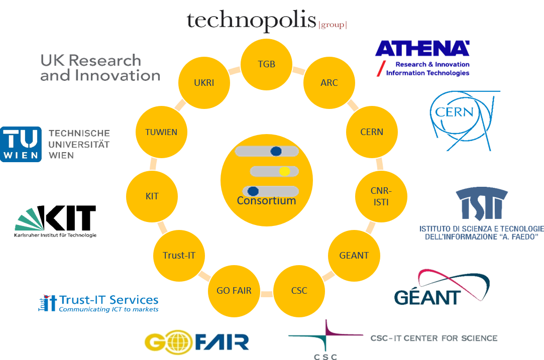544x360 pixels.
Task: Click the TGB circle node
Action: coord(266,64)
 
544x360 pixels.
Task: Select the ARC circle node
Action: coord(329,83)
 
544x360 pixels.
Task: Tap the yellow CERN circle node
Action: coord(372,132)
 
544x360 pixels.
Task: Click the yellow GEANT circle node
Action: coord(354,255)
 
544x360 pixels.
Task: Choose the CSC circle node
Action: coord(299,290)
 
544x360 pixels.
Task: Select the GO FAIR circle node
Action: coord(234,290)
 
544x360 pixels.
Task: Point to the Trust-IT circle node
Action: coord(179,255)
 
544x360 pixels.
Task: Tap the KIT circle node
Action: coord(152,196)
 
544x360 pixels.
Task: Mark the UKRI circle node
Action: coord(203,83)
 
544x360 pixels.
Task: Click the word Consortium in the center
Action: coord(266,201)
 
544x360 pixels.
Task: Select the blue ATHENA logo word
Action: coord(421,49)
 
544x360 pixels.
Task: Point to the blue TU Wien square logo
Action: coord(21,144)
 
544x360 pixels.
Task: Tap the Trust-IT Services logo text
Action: coord(108,300)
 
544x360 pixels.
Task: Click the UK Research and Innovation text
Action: coord(99,68)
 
